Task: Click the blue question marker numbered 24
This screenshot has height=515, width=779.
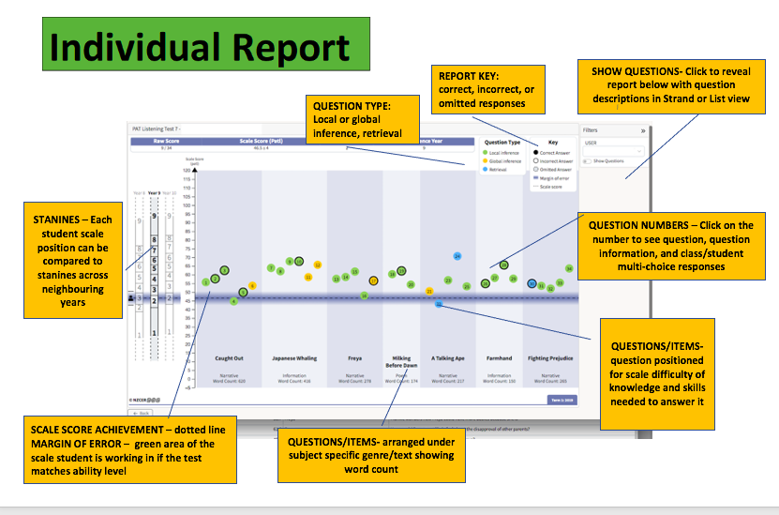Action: pyautogui.click(x=457, y=255)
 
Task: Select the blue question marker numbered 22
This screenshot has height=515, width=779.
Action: pyautogui.click(x=439, y=304)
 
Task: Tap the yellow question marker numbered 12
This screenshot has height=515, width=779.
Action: pyautogui.click(x=318, y=265)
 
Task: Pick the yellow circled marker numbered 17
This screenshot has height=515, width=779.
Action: pyautogui.click(x=373, y=280)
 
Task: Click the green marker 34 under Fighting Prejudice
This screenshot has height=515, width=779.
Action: pyautogui.click(x=568, y=268)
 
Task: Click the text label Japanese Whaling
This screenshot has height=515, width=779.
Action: pyautogui.click(x=293, y=358)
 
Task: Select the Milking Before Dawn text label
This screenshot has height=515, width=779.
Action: pyautogui.click(x=401, y=362)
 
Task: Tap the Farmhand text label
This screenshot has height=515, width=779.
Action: pyautogui.click(x=499, y=358)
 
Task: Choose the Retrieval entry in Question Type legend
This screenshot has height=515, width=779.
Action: pyautogui.click(x=497, y=170)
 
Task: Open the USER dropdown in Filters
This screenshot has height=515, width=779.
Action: pyautogui.click(x=614, y=150)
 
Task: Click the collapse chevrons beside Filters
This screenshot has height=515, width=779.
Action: pyautogui.click(x=643, y=131)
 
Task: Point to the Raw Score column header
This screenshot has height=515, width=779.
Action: pyautogui.click(x=166, y=141)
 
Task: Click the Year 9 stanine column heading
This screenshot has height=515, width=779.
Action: pyautogui.click(x=155, y=192)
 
